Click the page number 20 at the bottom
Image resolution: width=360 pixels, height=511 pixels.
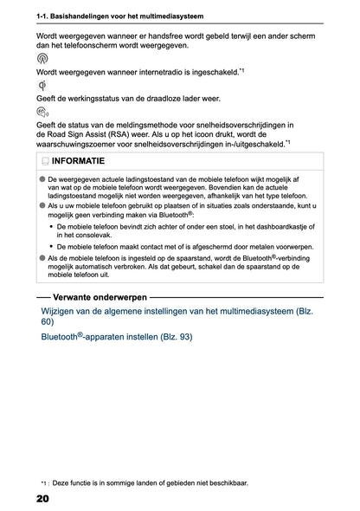tap(42, 499)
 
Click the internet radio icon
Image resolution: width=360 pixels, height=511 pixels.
tap(43, 58)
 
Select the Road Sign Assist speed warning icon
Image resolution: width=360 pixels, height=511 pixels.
tap(44, 112)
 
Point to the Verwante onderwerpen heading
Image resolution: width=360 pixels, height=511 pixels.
tap(92, 296)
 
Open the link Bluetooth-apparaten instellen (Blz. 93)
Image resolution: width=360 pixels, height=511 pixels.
tap(117, 337)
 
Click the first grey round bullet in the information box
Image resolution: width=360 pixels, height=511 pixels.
tap(41, 178)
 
